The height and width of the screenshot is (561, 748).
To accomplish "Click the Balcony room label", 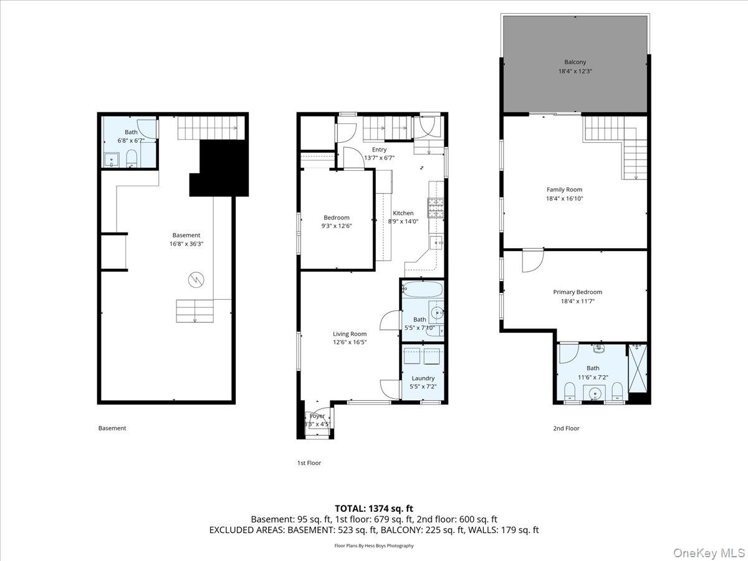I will coord(575,62).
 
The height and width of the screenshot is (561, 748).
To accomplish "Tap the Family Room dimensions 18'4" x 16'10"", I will coord(565,199).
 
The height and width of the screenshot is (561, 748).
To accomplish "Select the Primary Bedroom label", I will coord(577,292).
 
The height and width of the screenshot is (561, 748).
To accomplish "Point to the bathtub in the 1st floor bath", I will coord(423,290).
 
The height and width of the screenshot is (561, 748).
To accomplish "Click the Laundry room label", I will coord(423,378).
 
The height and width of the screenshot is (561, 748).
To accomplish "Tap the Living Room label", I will coord(349,334).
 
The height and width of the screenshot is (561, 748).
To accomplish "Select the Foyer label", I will coord(317,416).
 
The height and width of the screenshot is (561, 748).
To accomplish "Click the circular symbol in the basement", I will coord(196,279).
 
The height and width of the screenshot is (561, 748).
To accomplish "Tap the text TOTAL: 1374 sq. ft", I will coord(373,507).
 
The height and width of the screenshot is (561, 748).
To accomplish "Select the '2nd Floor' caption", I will coord(566,428).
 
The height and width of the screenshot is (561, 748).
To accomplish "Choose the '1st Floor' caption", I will coord(309,463).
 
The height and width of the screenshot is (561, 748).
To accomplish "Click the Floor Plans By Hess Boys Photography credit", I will coord(373,545).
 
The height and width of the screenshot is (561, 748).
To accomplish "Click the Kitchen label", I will coord(403,213).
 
